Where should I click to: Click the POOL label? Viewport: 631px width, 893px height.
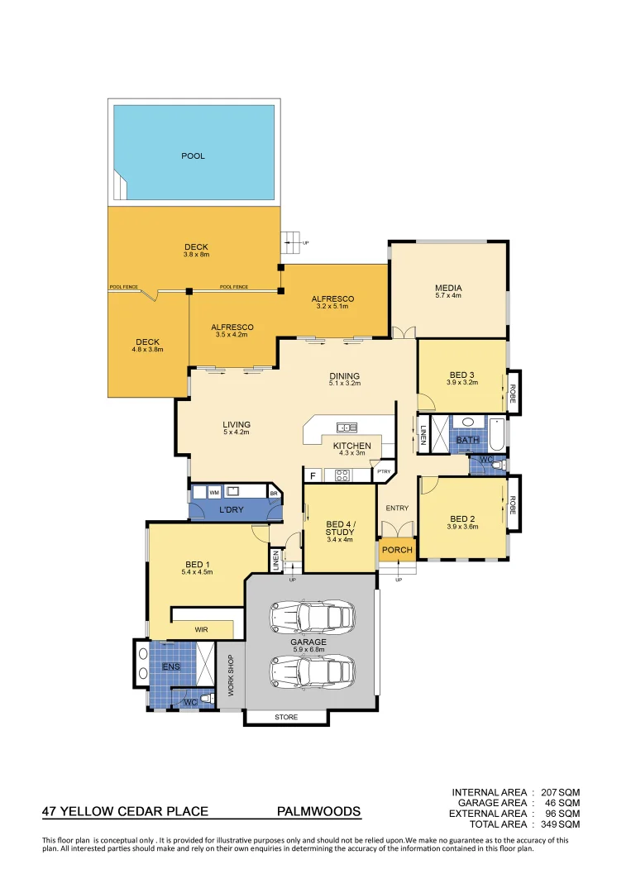click(x=193, y=155)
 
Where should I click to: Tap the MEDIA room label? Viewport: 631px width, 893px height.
click(x=448, y=289)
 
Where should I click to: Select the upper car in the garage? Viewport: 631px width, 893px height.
click(x=313, y=616)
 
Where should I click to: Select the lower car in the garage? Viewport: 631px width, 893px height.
click(x=313, y=671)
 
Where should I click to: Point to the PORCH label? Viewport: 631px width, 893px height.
click(x=397, y=550)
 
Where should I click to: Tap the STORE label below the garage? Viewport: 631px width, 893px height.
click(x=286, y=717)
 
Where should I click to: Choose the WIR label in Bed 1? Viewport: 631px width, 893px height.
click(x=201, y=629)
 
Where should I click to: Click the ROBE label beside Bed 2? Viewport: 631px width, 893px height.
click(x=513, y=505)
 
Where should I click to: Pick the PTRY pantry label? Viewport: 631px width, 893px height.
click(x=384, y=472)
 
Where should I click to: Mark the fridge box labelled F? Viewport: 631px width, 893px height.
click(x=313, y=476)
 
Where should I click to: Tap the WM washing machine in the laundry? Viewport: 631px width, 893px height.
click(x=214, y=493)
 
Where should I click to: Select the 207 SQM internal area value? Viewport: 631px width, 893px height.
click(x=560, y=792)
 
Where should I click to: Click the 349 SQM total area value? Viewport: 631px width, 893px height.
click(x=560, y=824)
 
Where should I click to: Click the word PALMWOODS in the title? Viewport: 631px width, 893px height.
click(x=318, y=812)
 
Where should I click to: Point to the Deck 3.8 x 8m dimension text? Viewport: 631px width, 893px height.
click(x=196, y=255)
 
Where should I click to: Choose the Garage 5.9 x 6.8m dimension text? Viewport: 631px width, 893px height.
click(x=308, y=649)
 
